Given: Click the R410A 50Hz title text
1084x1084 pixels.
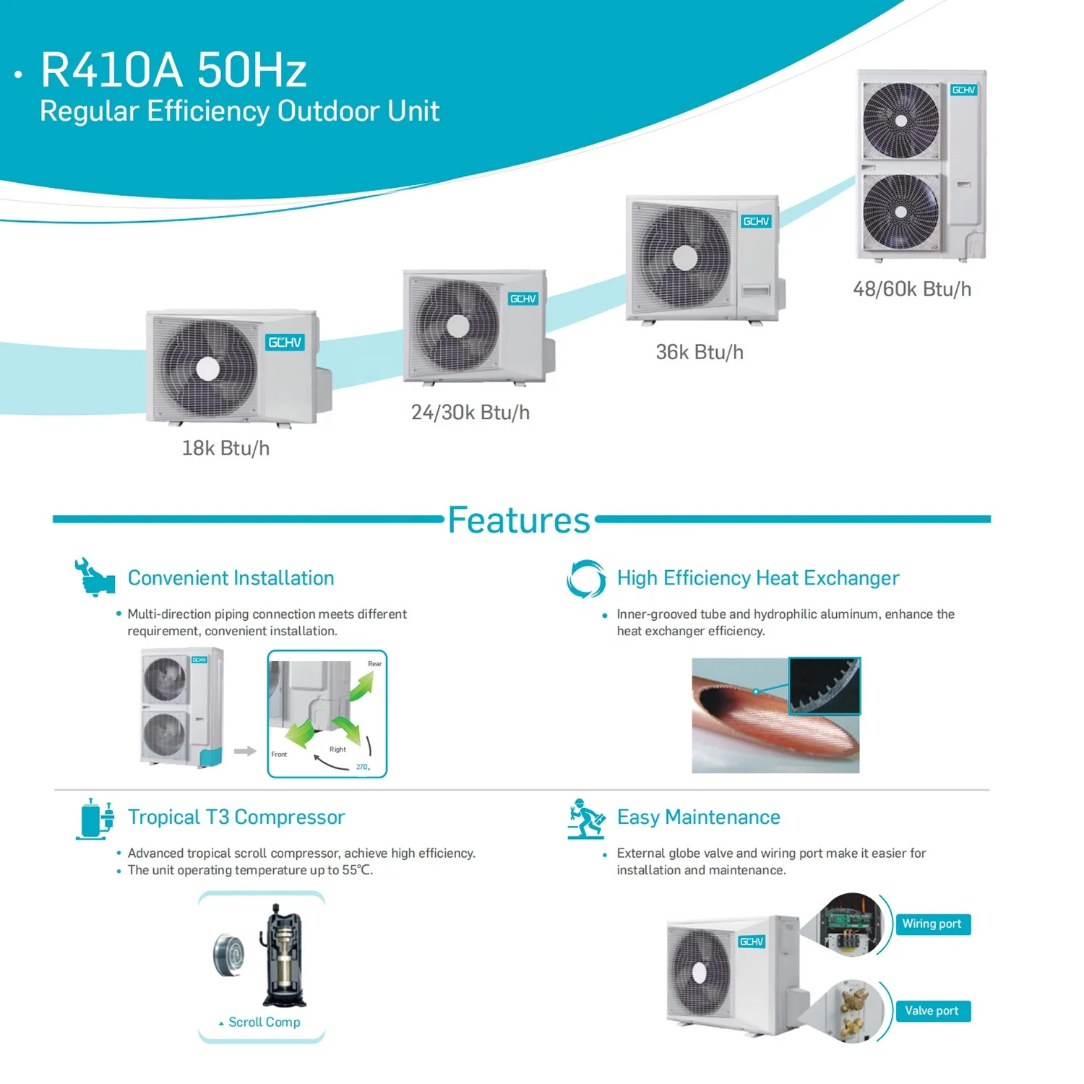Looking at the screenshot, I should coord(173,70).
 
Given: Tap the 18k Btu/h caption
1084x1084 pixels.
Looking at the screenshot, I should coord(225,448).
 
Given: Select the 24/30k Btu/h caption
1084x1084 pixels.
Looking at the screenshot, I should coord(470,413).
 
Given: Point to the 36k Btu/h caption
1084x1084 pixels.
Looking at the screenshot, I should coord(699,352).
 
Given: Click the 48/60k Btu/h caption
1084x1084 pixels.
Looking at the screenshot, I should coord(912,289).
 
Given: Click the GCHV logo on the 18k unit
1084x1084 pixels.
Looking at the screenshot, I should coord(285,343).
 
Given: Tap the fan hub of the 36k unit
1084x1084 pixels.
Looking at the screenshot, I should coord(684,257).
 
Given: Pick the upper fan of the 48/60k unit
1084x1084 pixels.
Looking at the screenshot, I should coord(900,121).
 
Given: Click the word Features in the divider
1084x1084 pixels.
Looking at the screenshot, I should coord(519,520).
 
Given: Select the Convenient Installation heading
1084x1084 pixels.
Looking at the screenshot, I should coord(231,578).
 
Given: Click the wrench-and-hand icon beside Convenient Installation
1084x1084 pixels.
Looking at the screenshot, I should coord(94,577).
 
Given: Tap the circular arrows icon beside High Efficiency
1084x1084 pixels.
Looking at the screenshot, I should coord(585,579).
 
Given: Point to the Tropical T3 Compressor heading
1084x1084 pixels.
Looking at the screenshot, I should coord(236,817).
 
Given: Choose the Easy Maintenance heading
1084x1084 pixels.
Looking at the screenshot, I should coord(698,817).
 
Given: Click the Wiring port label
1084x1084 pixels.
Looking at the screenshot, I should coord(932,924).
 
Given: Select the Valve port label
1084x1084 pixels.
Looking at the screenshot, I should coord(932,1011).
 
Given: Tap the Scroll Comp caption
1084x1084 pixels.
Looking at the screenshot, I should coord(264,1022).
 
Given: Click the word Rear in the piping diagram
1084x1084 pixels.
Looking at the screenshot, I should coord(374,663).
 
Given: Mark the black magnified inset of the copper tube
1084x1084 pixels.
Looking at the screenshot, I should coord(824,685).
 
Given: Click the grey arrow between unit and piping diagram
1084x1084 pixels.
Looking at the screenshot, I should coord(245,751).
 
